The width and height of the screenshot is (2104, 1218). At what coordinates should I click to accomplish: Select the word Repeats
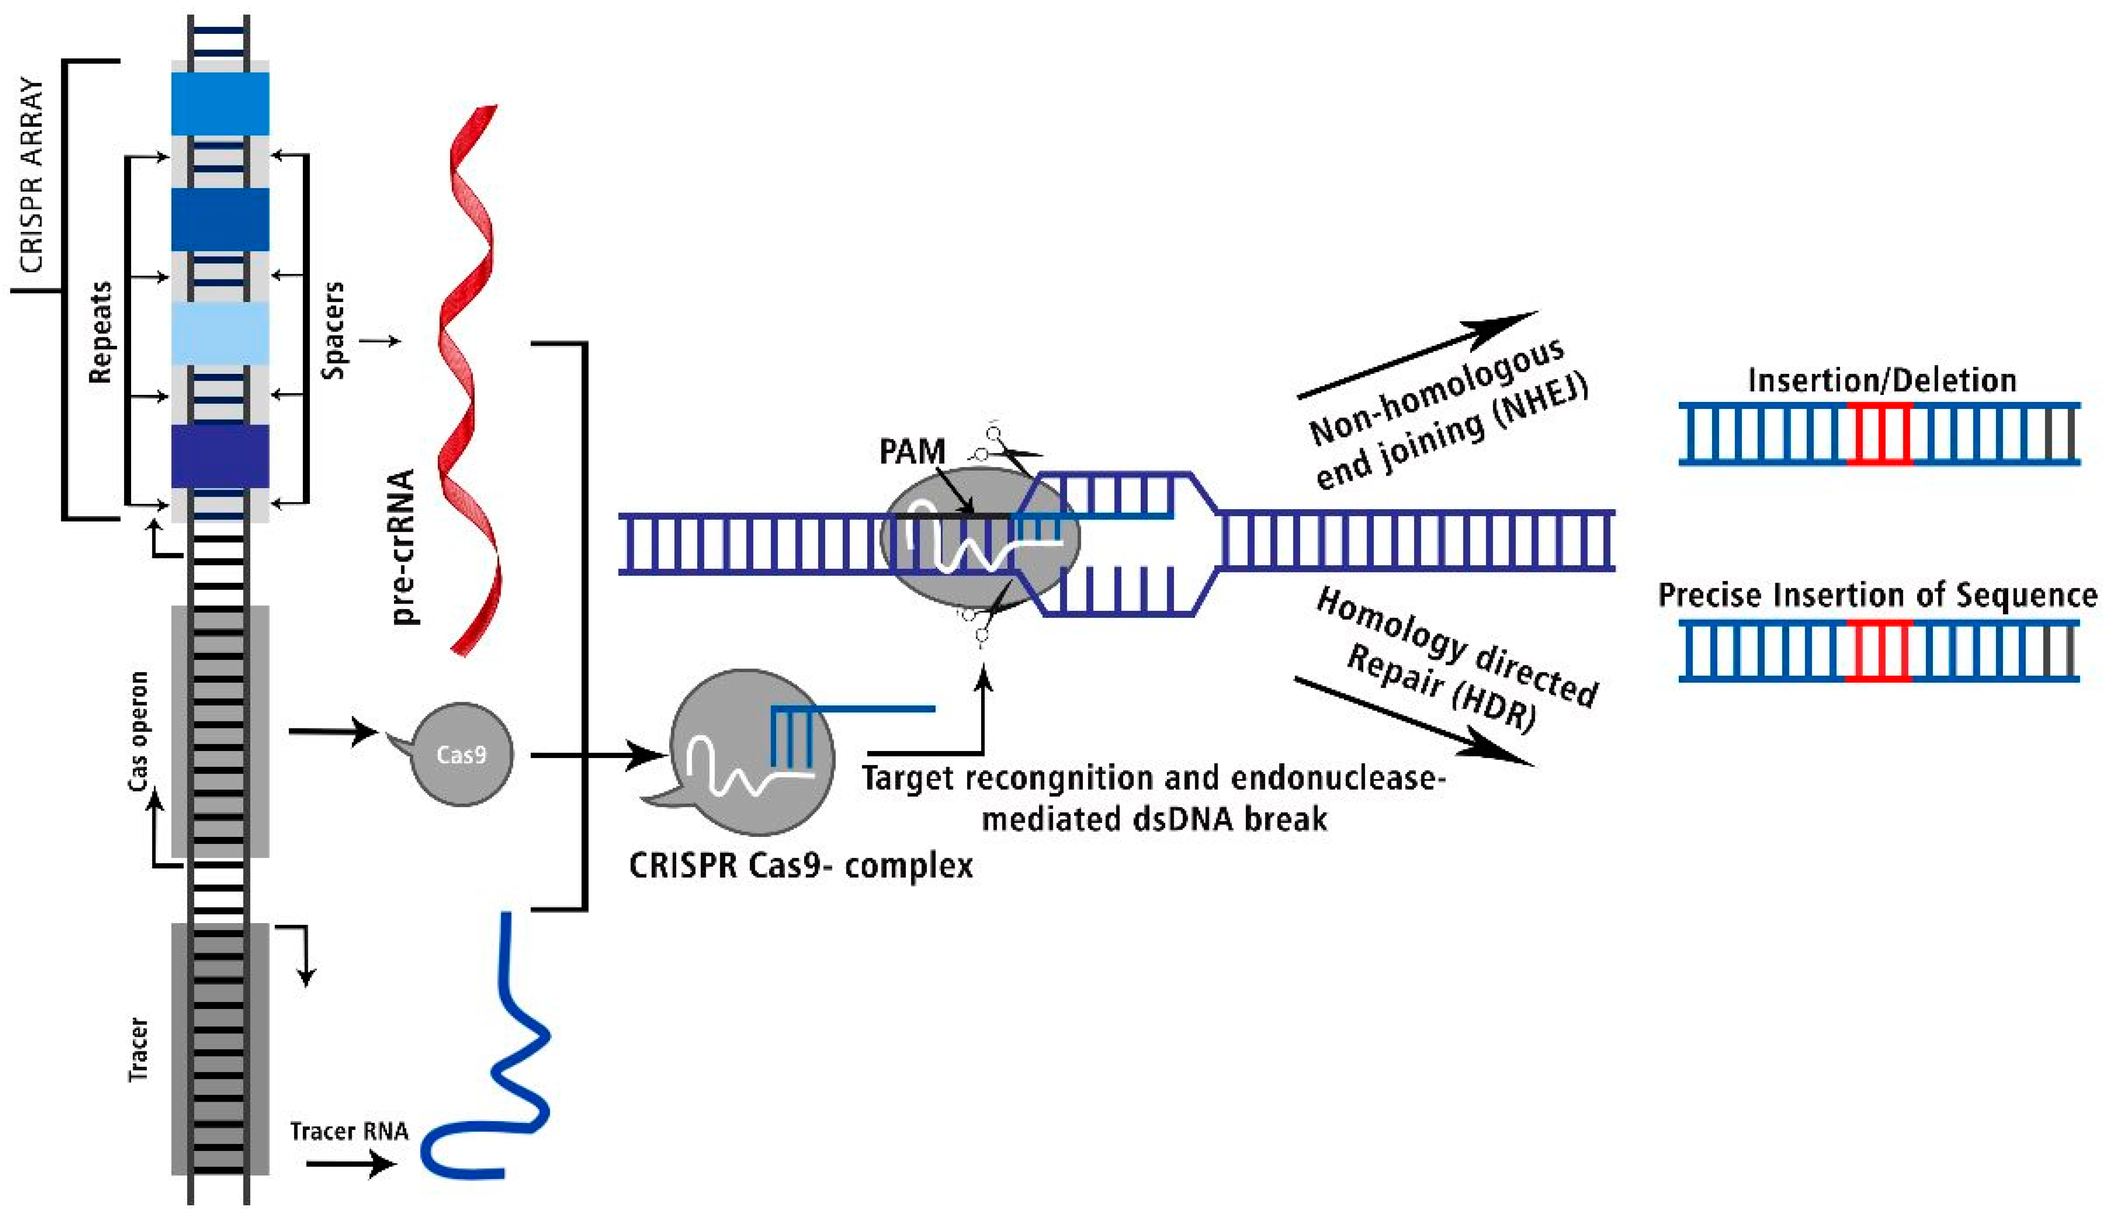100,332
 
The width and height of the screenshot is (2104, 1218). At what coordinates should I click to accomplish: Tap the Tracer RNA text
349,1131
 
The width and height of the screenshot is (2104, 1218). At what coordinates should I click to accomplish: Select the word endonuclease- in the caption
1340,778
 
